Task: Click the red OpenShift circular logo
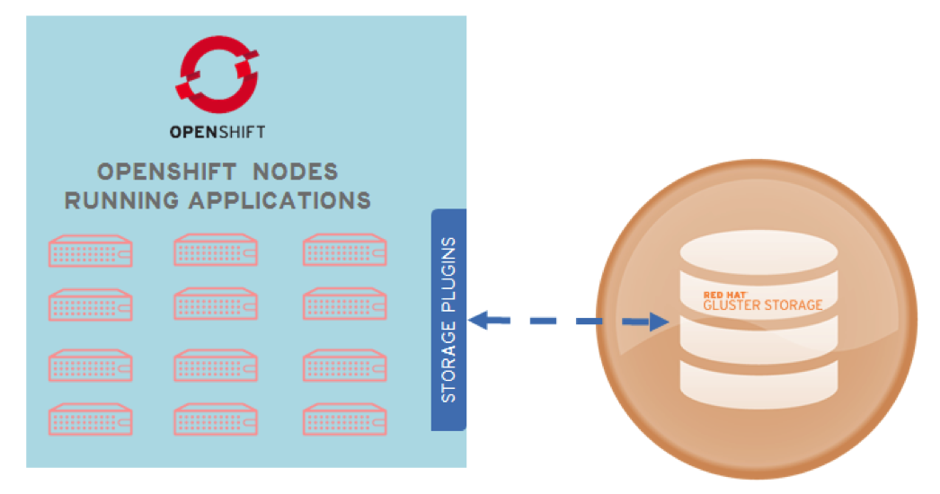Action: pyautogui.click(x=217, y=73)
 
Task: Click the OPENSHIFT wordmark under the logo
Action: pyautogui.click(x=217, y=132)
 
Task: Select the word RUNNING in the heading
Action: pyautogui.click(x=121, y=199)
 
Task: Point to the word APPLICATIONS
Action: pyautogui.click(x=279, y=199)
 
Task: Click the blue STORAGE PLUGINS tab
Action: pyautogui.click(x=449, y=320)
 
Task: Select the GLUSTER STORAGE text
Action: pyautogui.click(x=762, y=305)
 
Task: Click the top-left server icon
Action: pyautogui.click(x=91, y=251)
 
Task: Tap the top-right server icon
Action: pyautogui.click(x=344, y=251)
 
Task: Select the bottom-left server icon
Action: pyautogui.click(x=91, y=419)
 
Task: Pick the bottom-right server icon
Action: pyautogui.click(x=344, y=419)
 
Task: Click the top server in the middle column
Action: pyautogui.click(x=216, y=251)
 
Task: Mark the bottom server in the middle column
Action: pyautogui.click(x=216, y=419)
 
